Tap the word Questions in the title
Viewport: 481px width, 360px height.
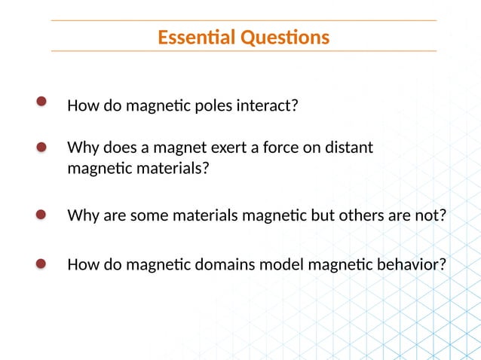pos(285,37)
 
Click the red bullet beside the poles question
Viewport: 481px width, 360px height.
pos(41,102)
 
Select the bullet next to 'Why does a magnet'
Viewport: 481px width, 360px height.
pos(41,148)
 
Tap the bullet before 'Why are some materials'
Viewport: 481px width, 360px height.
pos(41,215)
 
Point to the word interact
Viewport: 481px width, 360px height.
pos(268,105)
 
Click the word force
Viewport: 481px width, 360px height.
pos(279,148)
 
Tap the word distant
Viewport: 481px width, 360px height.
pos(349,148)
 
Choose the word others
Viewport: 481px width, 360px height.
pos(360,216)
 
